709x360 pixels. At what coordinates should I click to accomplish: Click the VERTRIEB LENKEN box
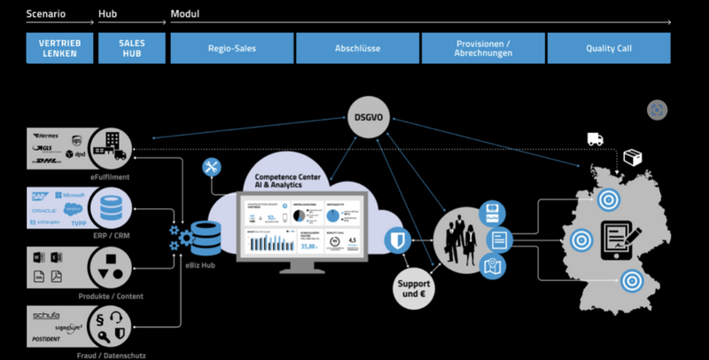59,48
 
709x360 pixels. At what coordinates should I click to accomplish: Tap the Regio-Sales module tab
231,48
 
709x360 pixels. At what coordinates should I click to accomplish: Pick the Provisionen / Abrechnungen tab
482,48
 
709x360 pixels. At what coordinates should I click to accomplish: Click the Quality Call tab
608,48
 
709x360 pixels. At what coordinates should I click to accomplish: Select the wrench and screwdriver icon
212,168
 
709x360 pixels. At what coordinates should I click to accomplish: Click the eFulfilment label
111,179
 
